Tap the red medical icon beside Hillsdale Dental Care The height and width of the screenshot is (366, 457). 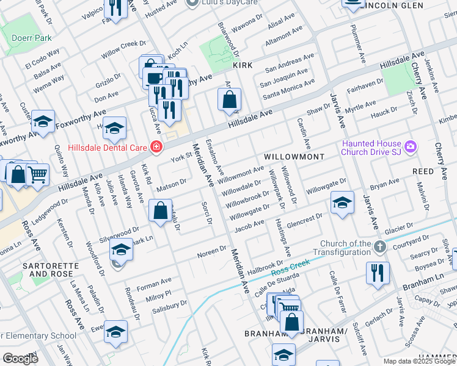156,147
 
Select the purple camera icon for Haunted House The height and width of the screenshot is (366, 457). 411,146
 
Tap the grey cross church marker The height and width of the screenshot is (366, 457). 380,247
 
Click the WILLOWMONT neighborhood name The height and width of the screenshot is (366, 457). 294,157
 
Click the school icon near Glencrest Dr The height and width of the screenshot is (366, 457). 342,203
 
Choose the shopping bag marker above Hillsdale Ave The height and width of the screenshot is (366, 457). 229,99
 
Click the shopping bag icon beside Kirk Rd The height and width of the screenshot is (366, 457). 160,211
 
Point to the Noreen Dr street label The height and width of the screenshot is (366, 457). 211,252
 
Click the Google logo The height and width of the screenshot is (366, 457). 20,359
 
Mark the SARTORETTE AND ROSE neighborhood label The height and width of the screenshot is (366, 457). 48,270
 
